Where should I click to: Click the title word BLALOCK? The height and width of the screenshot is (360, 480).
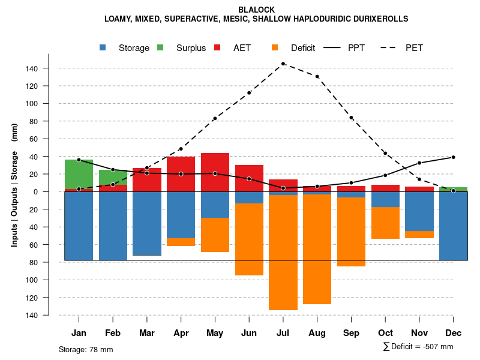(257, 10)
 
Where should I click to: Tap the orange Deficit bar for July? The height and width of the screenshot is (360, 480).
(283, 252)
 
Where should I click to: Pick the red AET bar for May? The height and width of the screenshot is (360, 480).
(215, 172)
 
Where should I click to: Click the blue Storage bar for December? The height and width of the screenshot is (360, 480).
(453, 226)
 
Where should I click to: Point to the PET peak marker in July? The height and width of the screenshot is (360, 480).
(283, 64)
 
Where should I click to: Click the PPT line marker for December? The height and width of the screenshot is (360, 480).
(453, 157)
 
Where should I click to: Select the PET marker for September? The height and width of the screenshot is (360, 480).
(351, 118)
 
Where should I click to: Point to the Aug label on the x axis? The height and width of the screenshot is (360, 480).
(317, 333)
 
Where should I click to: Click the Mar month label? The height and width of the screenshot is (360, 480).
(147, 333)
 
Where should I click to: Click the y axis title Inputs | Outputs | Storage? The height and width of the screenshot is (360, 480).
(14, 185)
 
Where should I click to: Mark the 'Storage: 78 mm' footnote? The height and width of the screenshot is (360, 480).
(86, 349)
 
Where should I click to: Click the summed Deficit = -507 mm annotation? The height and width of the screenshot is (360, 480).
(418, 347)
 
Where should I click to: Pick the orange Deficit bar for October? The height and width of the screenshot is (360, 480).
(385, 223)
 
